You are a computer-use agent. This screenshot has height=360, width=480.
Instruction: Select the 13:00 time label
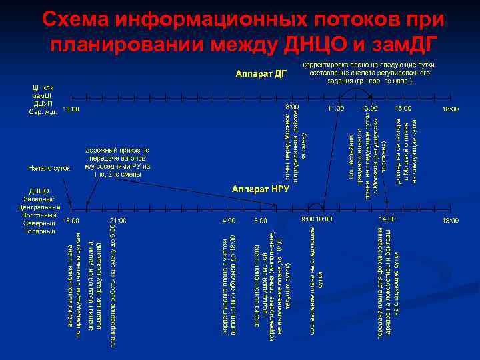pos(369,108)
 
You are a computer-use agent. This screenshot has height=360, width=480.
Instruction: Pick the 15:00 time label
pos(403,108)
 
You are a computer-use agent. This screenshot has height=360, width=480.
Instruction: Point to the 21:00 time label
pos(118,220)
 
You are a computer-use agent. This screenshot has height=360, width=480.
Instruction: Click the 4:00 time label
pos(229,220)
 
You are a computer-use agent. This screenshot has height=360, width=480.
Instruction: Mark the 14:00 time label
pos(387,219)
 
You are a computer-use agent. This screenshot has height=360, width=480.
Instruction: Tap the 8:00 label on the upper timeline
pos(292,107)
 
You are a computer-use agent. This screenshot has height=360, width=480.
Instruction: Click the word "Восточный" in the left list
pos(39,215)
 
